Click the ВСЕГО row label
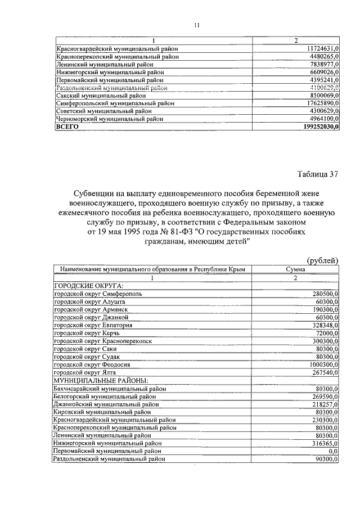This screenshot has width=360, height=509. point(66,127)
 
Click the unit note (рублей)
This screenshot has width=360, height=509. point(322,259)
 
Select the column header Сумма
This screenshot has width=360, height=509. point(295,269)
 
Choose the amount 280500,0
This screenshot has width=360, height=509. point(325,294)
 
